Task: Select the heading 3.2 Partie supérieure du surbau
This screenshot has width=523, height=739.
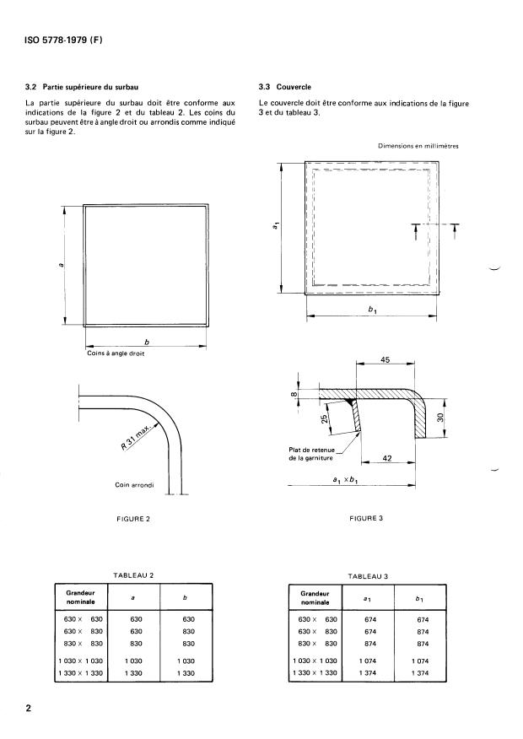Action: [83, 87]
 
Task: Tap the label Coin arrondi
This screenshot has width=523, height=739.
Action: [134, 485]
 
